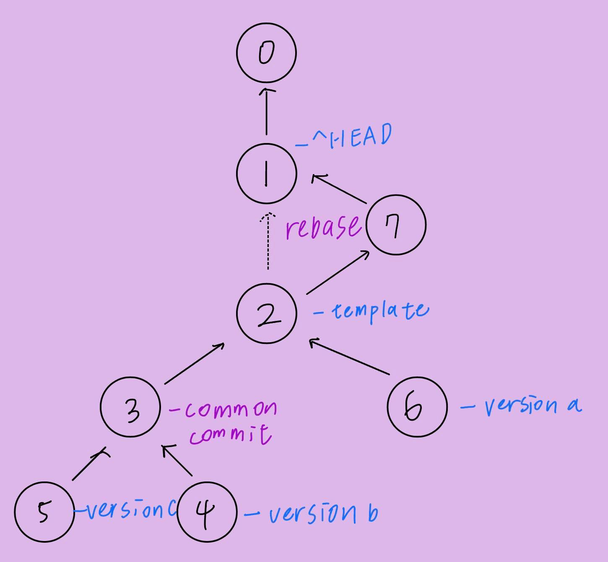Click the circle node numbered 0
click(267, 53)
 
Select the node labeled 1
click(267, 173)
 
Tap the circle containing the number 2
click(267, 314)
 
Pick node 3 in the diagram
click(130, 407)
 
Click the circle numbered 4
click(207, 512)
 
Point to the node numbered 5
click(44, 512)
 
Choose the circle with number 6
click(417, 407)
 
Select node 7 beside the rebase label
click(396, 225)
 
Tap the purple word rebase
click(323, 226)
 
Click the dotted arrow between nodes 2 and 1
click(268, 241)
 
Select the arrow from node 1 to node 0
click(267, 111)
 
